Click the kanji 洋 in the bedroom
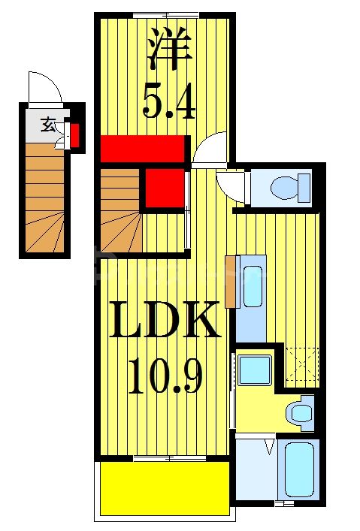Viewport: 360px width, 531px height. tap(169, 50)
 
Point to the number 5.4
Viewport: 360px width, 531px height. tap(169, 101)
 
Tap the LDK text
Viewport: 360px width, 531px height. tap(163, 320)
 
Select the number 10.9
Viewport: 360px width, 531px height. tap(165, 376)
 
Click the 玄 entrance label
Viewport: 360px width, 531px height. tap(48, 125)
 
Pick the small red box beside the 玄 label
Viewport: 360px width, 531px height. tap(75, 135)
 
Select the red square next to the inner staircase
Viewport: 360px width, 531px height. tap(165, 188)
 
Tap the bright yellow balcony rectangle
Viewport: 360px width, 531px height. tap(165, 488)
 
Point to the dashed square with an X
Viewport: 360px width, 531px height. tap(302, 364)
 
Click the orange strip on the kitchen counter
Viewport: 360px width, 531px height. tap(230, 282)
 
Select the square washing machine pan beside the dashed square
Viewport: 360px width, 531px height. tap(255, 370)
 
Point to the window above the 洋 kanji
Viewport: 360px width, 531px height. tap(166, 15)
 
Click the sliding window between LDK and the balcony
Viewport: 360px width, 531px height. tap(170, 459)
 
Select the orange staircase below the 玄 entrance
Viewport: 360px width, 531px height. tap(45, 198)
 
